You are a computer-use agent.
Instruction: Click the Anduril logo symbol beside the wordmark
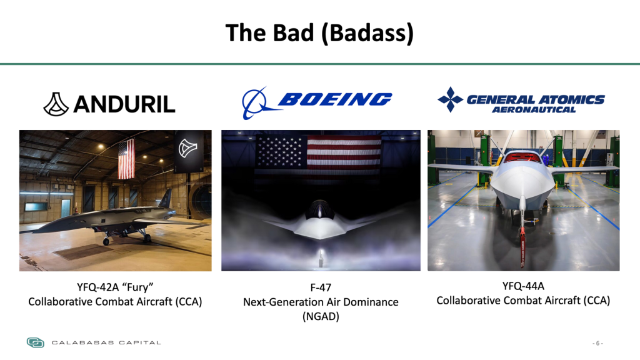(x=56, y=104)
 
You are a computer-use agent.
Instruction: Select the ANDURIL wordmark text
(x=124, y=104)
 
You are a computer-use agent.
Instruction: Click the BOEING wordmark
(x=335, y=99)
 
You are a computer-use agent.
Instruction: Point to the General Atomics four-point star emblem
(x=450, y=99)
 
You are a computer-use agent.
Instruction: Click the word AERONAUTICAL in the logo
(x=534, y=109)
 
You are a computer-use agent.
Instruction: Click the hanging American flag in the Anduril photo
(x=126, y=159)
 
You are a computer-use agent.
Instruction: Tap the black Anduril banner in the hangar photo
(x=189, y=151)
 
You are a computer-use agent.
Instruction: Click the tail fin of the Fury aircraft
(x=166, y=199)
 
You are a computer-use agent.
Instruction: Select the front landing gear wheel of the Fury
(x=106, y=241)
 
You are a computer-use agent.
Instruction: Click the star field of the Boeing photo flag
(x=281, y=152)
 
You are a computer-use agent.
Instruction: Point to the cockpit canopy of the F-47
(x=320, y=209)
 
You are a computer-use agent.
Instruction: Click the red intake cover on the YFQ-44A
(x=522, y=157)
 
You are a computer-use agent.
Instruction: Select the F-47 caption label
(x=321, y=287)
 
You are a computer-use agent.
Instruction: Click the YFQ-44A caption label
(x=523, y=286)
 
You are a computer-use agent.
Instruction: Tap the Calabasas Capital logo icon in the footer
(x=36, y=342)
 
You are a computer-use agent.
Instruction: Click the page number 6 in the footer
(x=597, y=343)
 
